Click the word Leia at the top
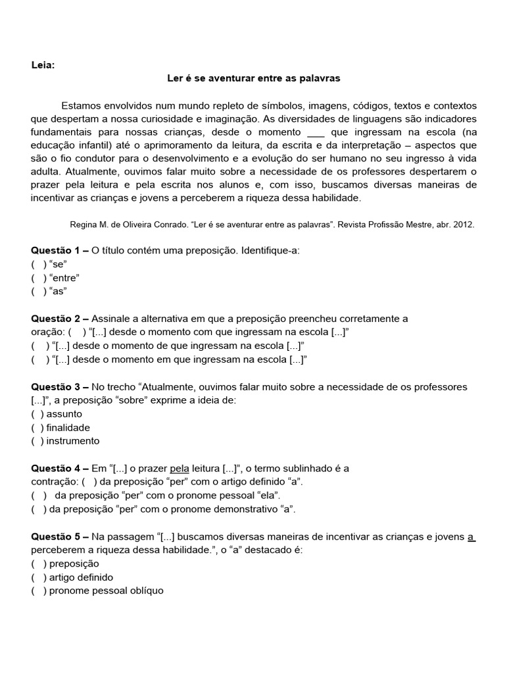(43, 65)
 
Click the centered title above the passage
(253, 78)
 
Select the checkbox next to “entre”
(39, 277)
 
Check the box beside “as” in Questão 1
(39, 290)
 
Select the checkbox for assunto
(37, 414)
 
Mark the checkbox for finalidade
(37, 427)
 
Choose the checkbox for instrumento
(37, 441)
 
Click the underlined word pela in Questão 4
(180, 469)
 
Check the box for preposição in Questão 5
(37, 563)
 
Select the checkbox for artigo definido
(37, 577)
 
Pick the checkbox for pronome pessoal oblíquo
(37, 590)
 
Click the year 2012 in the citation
(463, 224)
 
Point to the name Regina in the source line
(84, 224)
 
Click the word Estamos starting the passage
(82, 106)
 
